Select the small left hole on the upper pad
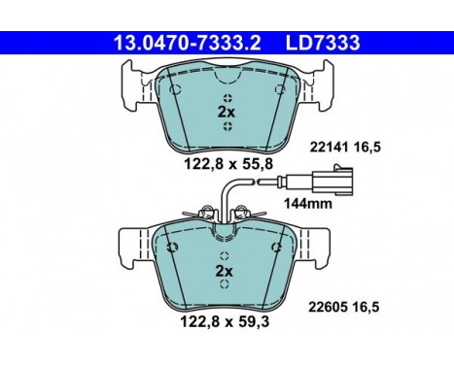175,90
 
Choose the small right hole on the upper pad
278,90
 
